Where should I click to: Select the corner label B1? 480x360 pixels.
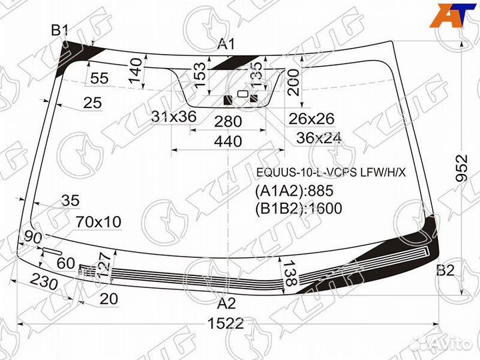click(60, 29)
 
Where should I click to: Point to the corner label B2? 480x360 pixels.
click(445, 270)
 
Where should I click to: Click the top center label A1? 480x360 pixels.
click(227, 45)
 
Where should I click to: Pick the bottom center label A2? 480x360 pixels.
click(227, 303)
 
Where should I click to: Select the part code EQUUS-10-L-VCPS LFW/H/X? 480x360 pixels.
click(331, 174)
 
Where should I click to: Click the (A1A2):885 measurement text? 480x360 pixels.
click(293, 192)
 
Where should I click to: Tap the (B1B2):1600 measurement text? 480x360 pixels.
click(298, 209)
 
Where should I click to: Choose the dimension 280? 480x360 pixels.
click(227, 121)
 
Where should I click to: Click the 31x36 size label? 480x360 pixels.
click(173, 117)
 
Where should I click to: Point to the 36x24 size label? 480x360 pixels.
click(319, 138)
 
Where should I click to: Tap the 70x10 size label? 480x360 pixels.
click(98, 222)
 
